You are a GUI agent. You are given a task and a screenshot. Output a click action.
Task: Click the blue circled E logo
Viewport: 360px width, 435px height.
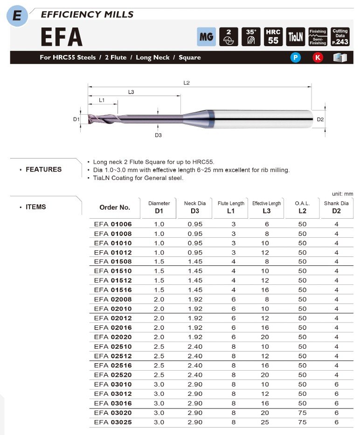tap(17, 16)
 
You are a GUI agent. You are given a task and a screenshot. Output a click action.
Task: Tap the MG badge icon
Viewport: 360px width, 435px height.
tap(206, 37)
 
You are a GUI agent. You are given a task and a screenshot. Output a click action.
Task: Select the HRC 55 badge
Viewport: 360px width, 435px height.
tap(273, 37)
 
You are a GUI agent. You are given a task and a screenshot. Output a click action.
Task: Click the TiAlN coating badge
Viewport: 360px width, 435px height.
tap(296, 37)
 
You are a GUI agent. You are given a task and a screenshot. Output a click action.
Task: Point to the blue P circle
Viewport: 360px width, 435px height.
tap(295, 58)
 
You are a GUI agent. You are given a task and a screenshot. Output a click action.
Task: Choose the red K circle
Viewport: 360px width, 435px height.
tap(318, 58)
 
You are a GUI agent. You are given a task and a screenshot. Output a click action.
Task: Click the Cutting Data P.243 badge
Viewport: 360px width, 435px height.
tap(340, 37)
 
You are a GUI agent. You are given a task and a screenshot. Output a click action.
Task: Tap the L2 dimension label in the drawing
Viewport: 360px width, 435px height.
tap(187, 83)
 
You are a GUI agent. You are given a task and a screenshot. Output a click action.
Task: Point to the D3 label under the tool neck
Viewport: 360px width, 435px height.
tap(158, 135)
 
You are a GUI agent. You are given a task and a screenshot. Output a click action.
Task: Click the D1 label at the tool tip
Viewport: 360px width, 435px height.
tap(76, 119)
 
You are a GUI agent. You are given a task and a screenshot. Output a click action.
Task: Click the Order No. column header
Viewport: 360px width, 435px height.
tap(115, 207)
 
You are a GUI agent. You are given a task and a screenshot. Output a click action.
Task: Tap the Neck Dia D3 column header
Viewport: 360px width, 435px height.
tap(194, 207)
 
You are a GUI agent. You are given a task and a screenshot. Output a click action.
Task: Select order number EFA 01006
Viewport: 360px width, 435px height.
tap(113, 224)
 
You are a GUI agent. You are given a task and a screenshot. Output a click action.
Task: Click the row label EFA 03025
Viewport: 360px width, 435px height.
tap(113, 422)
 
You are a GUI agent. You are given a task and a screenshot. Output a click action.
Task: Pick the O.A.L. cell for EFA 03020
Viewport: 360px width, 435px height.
tap(302, 413)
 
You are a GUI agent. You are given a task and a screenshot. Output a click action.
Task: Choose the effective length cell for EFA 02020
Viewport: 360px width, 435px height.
tap(267, 337)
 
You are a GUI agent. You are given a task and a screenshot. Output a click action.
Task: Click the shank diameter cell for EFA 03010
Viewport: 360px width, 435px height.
tap(337, 384)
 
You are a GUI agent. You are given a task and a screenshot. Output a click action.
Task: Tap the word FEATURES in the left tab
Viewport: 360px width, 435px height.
tap(43, 169)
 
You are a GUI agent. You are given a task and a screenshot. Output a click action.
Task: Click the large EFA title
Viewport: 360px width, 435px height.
tap(61, 37)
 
